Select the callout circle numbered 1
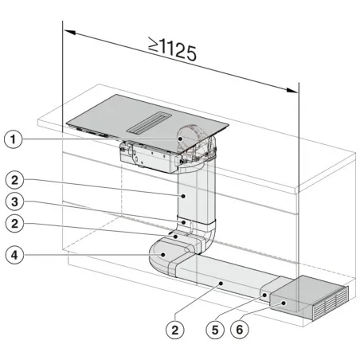pyautogui.click(x=11, y=140)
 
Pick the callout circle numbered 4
pyautogui.click(x=11, y=256)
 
